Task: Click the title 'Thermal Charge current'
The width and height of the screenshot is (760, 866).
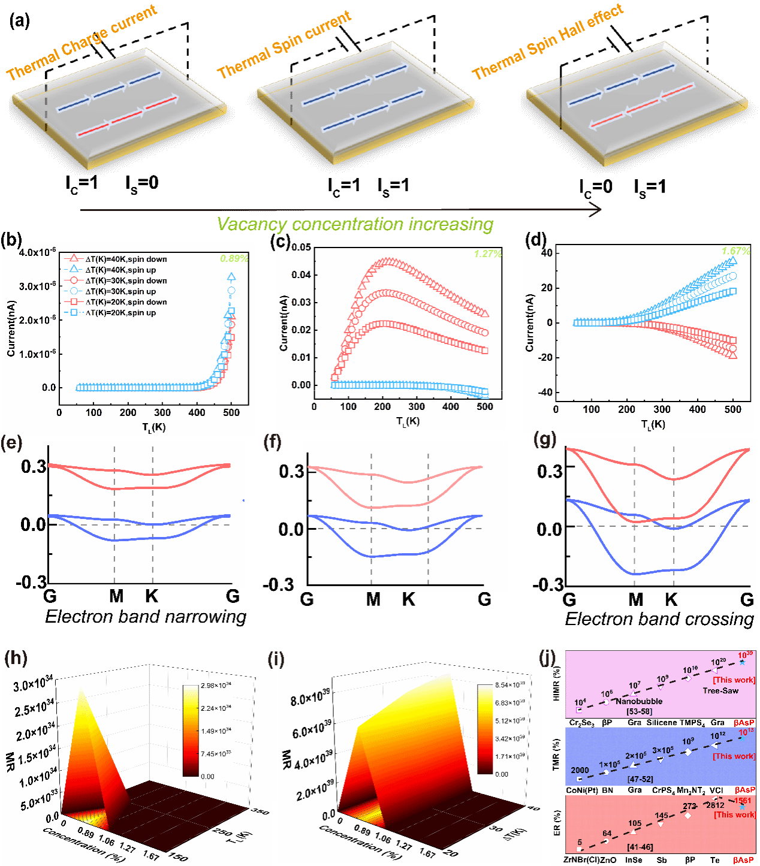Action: point(82,42)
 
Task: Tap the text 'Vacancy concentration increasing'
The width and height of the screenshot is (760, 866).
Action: point(355,224)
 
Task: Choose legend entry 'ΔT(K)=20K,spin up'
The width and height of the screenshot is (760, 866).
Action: point(120,313)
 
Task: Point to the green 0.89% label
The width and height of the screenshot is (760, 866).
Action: point(233,258)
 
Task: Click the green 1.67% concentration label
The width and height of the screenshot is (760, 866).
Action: point(735,251)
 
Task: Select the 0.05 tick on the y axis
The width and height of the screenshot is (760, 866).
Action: point(301,247)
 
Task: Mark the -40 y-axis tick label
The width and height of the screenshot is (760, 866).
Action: point(545,393)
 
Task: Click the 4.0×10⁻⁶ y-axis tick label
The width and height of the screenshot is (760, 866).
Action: point(38,252)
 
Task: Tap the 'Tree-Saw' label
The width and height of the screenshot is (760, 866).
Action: point(720,690)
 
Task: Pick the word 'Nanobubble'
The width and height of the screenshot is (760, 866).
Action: point(639,701)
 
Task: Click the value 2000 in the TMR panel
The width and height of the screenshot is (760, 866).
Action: point(580,770)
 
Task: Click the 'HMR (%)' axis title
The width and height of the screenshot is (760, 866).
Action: point(556,683)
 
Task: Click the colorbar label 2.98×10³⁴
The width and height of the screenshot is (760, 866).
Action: point(216,685)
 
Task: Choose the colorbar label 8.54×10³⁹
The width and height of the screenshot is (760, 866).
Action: point(510,684)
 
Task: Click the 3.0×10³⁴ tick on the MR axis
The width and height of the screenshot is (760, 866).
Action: point(33,683)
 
